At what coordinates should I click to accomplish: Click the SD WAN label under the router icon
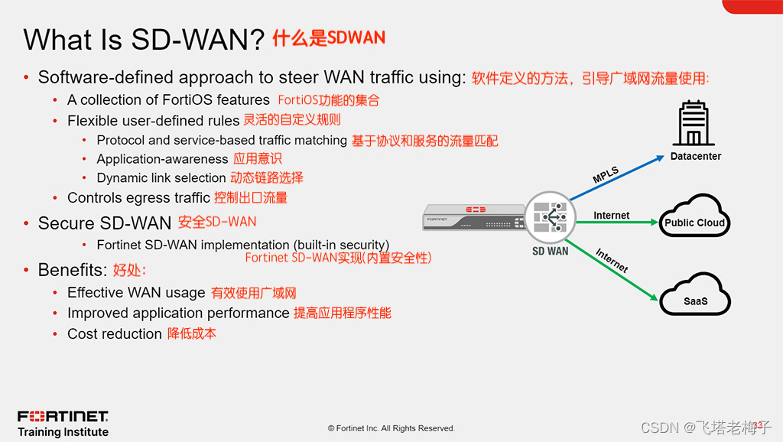click(551, 251)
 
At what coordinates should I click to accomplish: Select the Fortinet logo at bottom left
click(63, 417)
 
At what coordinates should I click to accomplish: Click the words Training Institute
click(63, 432)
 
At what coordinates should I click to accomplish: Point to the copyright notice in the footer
click(391, 428)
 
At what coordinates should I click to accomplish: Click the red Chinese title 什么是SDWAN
click(329, 38)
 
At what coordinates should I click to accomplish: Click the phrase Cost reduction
click(114, 333)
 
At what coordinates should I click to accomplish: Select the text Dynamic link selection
click(161, 177)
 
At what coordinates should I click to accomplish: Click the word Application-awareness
click(162, 159)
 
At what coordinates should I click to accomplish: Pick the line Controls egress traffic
click(138, 197)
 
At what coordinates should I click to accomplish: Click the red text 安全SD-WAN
click(217, 222)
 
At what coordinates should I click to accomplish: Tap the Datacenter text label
click(695, 156)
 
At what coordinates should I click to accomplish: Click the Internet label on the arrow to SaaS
click(612, 261)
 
